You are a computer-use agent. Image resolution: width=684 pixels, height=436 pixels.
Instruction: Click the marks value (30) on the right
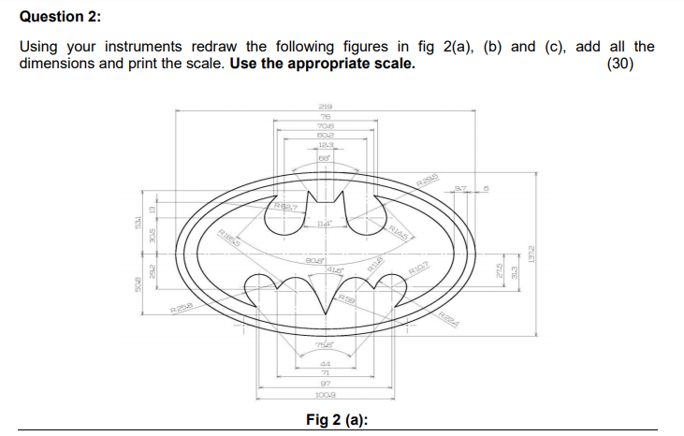pos(620,65)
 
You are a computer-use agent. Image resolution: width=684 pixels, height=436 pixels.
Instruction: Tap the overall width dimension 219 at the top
pos(326,107)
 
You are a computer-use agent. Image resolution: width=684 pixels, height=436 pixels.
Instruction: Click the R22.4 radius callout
pos(449,319)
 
